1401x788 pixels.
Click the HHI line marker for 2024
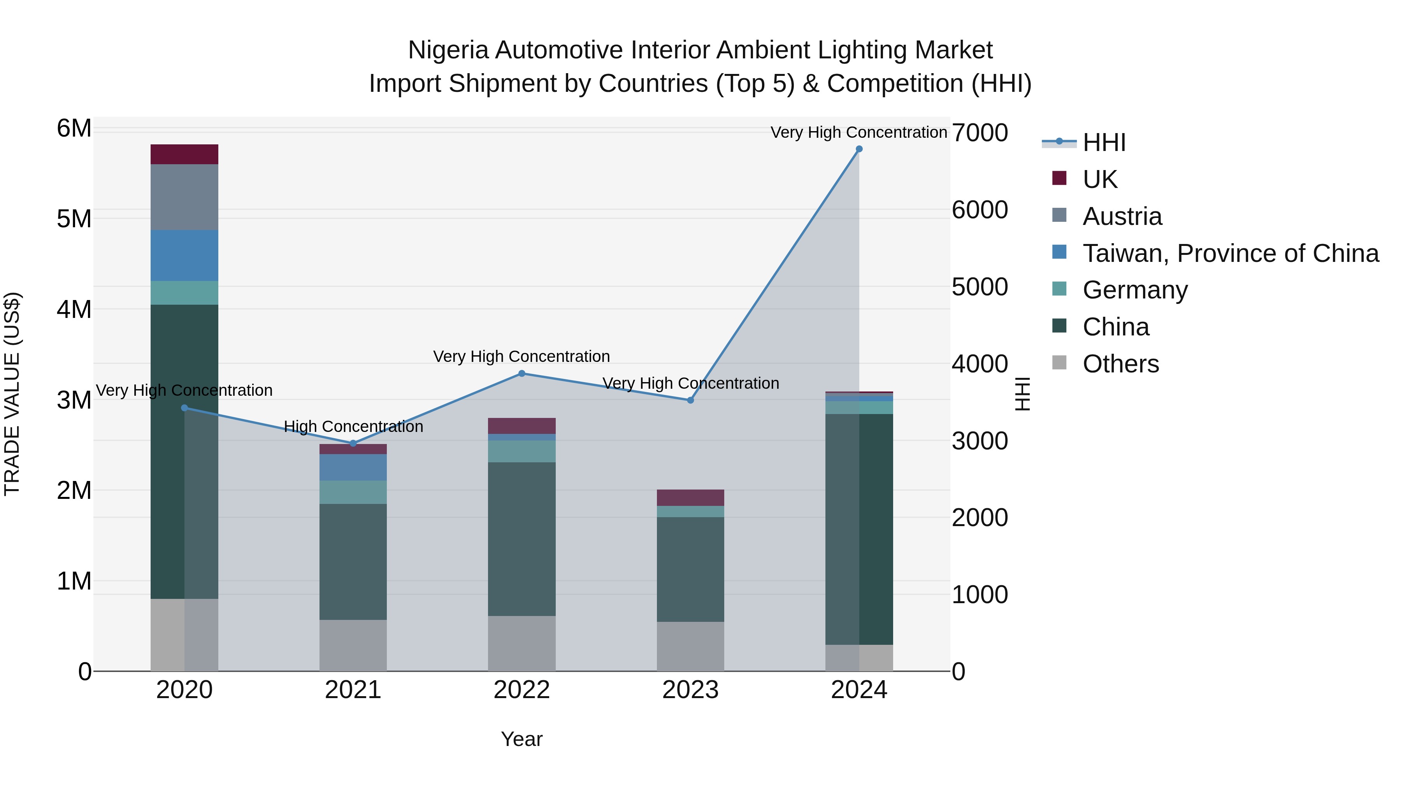[859, 149]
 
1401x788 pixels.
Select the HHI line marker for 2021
[353, 443]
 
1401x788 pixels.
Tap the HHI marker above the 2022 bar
[521, 374]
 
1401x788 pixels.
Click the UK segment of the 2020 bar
[184, 154]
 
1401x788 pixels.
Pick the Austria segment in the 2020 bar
[184, 197]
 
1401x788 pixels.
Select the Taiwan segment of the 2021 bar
[353, 467]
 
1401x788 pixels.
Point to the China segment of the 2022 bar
[521, 539]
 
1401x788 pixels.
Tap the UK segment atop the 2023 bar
[690, 498]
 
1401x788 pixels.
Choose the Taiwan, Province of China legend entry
[1230, 253]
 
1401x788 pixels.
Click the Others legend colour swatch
[1059, 362]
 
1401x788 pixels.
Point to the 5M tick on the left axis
[74, 219]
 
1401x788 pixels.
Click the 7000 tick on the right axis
[980, 133]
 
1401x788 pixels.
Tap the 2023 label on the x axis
[690, 690]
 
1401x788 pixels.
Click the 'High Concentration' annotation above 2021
[353, 426]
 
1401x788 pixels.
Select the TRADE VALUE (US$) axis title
[12, 394]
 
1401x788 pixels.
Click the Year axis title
[521, 739]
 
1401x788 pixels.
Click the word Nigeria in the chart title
[448, 51]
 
